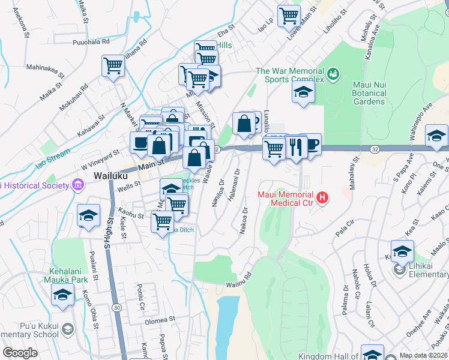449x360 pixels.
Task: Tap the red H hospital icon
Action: point(322,197)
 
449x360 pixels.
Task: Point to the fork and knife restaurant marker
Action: point(295,147)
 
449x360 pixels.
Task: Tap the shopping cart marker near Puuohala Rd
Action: point(112,67)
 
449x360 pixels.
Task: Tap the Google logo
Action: point(20,352)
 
